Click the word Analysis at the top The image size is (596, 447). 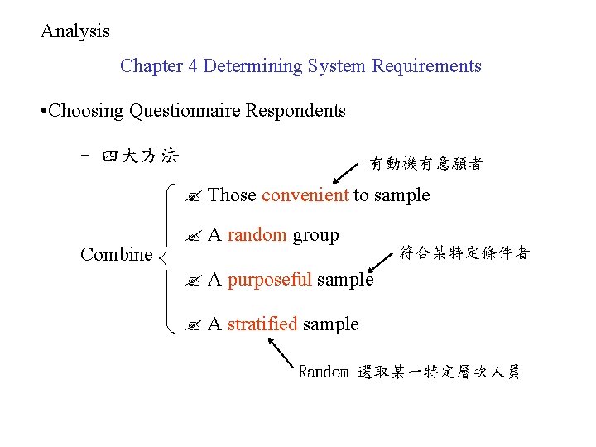(75, 31)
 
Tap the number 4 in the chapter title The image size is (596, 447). (193, 66)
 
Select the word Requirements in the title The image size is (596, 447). (426, 66)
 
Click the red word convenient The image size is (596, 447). (305, 195)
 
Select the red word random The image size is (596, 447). (257, 235)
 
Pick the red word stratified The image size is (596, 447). (262, 324)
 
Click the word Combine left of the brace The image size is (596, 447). (116, 255)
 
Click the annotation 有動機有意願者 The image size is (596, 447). (425, 164)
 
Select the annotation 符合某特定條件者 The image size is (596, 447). (464, 253)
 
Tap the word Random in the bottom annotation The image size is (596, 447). (323, 372)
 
